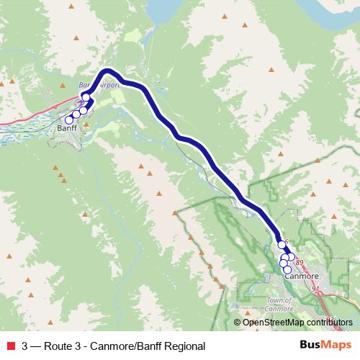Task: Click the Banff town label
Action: click(66, 129)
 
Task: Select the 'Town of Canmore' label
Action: click(279, 304)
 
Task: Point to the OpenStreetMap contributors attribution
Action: click(297, 323)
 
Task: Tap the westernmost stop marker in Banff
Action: click(69, 120)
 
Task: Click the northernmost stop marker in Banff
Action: click(86, 97)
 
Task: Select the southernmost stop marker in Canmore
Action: click(287, 270)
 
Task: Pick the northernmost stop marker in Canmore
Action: click(282, 245)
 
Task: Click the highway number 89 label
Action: click(300, 263)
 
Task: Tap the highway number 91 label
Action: click(315, 289)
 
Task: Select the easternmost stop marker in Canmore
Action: click(291, 256)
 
